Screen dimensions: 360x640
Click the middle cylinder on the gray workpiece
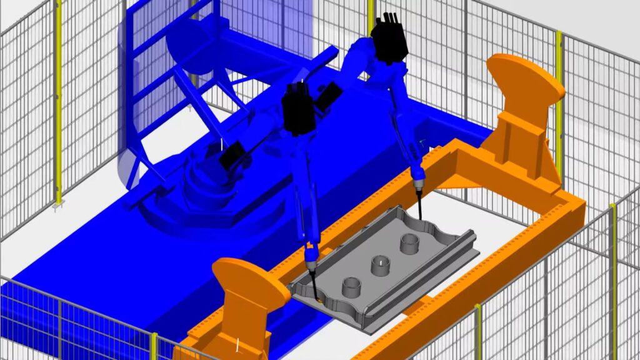pyautogui.click(x=381, y=266)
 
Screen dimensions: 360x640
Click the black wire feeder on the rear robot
pyautogui.click(x=389, y=38)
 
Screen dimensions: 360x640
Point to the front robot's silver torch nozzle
pyautogui.click(x=311, y=256)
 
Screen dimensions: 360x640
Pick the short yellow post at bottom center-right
pyautogui.click(x=478, y=331)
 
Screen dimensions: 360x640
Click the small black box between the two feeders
pyautogui.click(x=329, y=94)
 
